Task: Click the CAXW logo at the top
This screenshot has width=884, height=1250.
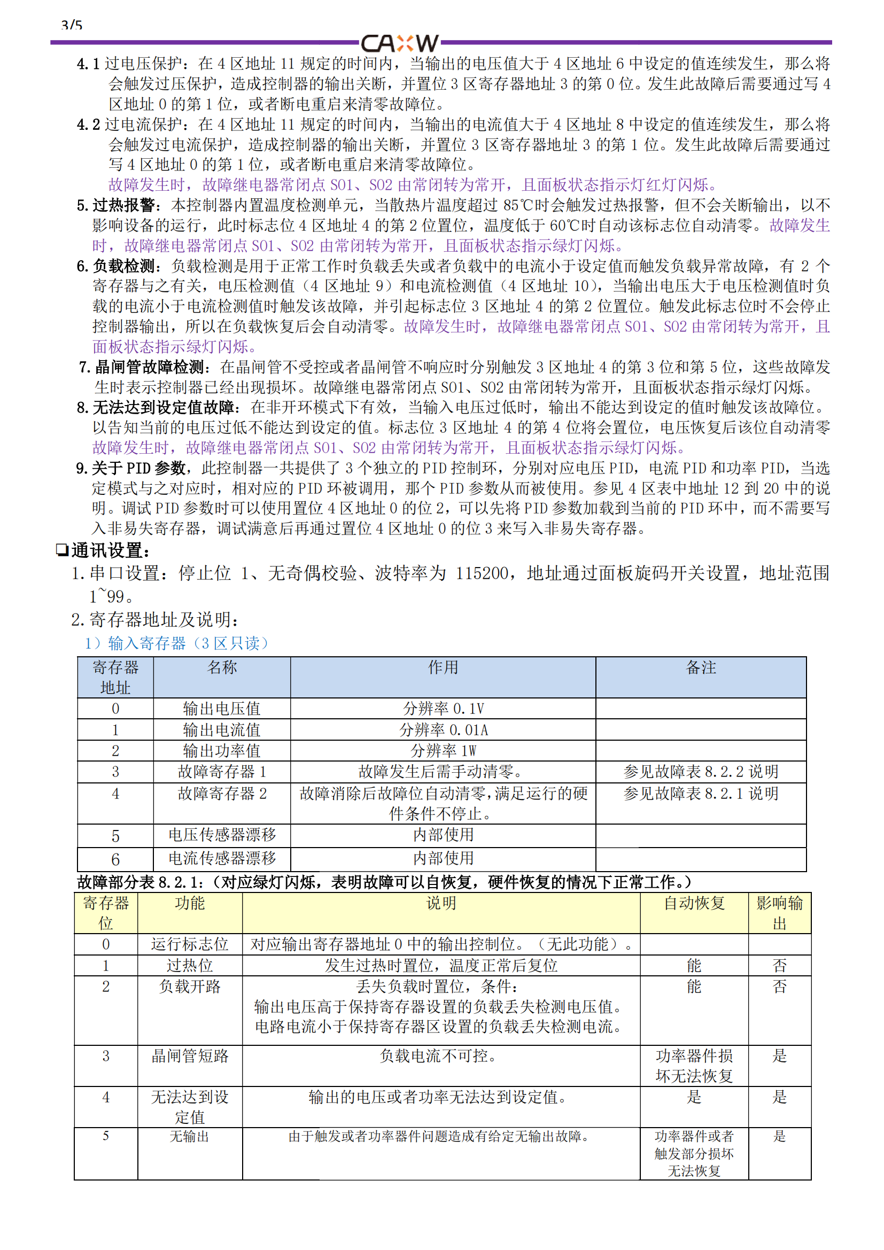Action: pyautogui.click(x=400, y=43)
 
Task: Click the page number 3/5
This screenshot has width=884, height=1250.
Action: pyautogui.click(x=72, y=26)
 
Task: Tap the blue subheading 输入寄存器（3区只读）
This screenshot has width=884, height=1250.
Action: pyautogui.click(x=177, y=643)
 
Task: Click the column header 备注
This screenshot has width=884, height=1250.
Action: pyautogui.click(x=701, y=667)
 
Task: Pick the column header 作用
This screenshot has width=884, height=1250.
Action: pyautogui.click(x=443, y=667)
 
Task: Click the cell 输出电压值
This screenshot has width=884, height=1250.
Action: pyautogui.click(x=222, y=708)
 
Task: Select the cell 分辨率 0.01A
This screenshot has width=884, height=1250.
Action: pyautogui.click(x=443, y=729)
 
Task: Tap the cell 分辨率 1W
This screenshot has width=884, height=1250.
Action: pyautogui.click(x=443, y=751)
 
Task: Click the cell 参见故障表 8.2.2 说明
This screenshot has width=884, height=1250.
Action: pyautogui.click(x=701, y=772)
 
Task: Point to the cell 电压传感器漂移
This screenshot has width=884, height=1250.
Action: pyautogui.click(x=222, y=835)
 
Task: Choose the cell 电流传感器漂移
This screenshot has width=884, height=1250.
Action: pyautogui.click(x=222, y=859)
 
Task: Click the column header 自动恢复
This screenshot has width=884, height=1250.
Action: pyautogui.click(x=694, y=904)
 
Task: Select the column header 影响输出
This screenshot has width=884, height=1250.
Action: pyautogui.click(x=779, y=913)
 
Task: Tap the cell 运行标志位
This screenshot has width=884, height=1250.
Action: pyautogui.click(x=189, y=944)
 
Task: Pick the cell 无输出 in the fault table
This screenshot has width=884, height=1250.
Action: pyautogui.click(x=189, y=1136)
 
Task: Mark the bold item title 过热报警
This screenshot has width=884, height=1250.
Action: pyautogui.click(x=125, y=205)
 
